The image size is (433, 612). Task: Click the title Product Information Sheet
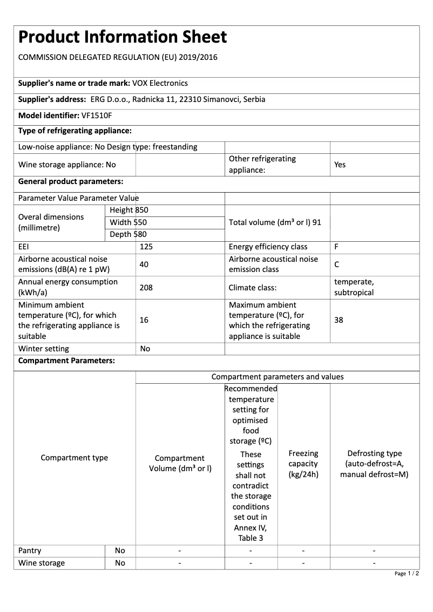tap(123, 37)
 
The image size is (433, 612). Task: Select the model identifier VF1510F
tap(97, 115)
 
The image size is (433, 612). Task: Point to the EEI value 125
tap(147, 247)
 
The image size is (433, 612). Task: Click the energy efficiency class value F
tap(336, 247)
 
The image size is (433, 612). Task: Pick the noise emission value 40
tap(144, 264)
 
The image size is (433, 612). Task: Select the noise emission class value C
tap(337, 264)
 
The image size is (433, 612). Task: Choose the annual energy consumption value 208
tap(146, 288)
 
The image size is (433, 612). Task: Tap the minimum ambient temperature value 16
tap(144, 320)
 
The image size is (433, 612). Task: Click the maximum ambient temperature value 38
tap(339, 320)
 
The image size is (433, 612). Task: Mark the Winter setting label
tap(44, 349)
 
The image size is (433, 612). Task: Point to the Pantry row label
tap(30, 550)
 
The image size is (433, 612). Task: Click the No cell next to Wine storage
tap(120, 563)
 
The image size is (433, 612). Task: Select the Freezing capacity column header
tap(303, 464)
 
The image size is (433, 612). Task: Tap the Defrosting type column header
tap(374, 464)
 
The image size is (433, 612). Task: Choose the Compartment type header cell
tap(75, 458)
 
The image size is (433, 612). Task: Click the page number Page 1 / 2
tap(407, 573)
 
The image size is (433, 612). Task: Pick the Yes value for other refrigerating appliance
tap(340, 165)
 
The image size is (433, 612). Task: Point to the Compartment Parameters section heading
tap(66, 361)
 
